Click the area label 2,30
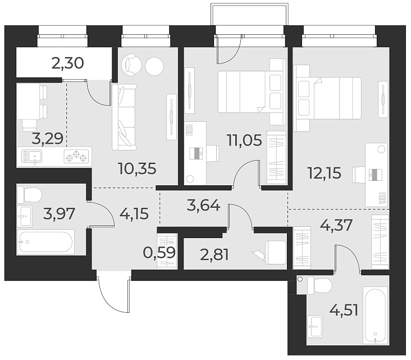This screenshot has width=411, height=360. click(x=67, y=63)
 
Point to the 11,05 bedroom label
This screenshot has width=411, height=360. click(x=243, y=139)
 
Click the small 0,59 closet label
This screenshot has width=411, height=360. click(x=159, y=253)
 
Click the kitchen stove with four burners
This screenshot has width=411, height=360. click(x=77, y=156)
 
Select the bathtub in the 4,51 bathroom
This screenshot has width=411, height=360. click(x=375, y=315)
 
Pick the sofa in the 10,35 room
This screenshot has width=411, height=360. click(x=124, y=117)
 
